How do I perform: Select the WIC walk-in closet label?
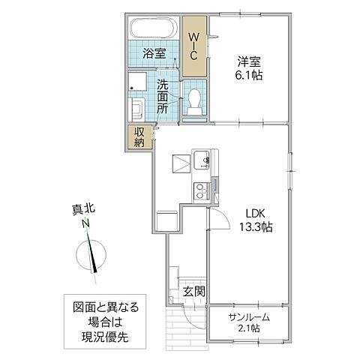[194, 46]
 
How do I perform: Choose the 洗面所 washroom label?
[163, 97]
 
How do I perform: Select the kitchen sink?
[202, 160]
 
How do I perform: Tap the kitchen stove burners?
[201, 189]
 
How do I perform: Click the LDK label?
[250, 212]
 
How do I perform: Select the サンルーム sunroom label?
[248, 316]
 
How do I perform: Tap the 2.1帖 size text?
[248, 328]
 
